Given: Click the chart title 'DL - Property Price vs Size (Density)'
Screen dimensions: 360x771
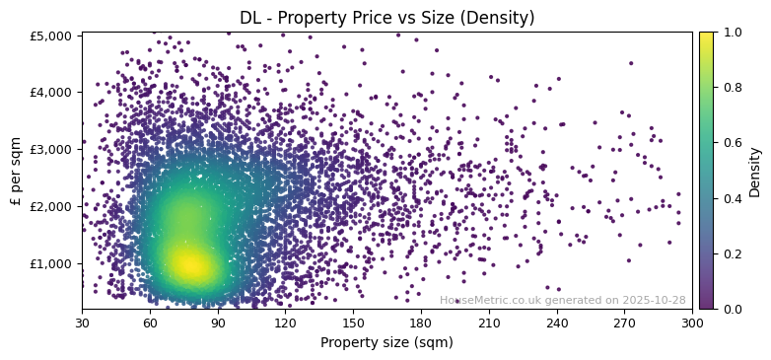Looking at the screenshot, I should point(386,18).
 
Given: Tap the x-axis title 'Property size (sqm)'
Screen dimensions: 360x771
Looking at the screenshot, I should point(386,342).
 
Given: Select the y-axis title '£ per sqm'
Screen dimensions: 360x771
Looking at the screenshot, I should point(16,171).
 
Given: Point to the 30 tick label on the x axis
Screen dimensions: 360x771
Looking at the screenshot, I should point(82,323).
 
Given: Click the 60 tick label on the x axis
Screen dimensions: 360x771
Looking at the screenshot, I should point(150,323).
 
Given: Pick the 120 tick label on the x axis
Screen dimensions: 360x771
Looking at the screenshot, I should point(286,323).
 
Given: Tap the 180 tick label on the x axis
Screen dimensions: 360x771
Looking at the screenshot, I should point(421,323).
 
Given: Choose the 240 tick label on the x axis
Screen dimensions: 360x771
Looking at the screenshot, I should point(557,323).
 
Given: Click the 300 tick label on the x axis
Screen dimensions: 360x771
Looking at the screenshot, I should point(692,323).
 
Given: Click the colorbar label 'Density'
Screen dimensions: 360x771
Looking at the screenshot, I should point(755,171).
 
